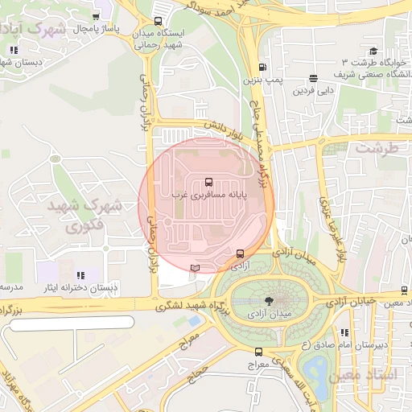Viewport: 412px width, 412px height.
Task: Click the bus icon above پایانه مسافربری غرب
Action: click(209, 182)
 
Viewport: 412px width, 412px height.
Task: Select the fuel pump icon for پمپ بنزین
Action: click(262, 68)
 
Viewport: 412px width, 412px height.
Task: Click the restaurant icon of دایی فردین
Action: click(312, 79)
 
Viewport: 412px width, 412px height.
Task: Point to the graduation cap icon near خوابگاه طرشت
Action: click(373, 51)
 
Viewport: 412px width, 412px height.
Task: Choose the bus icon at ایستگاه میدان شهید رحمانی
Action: click(158, 22)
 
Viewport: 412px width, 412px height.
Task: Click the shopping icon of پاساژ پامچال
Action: click(97, 16)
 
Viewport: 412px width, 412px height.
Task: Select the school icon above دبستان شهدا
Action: click(13, 50)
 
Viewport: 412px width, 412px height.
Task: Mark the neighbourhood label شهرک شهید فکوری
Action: click(84, 216)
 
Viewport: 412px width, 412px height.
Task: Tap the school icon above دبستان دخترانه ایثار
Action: click(105, 274)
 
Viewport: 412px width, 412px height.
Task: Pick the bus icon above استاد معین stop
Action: click(404, 290)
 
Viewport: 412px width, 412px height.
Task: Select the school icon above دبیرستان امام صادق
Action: click(345, 332)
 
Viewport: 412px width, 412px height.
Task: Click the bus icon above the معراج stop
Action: click(258, 352)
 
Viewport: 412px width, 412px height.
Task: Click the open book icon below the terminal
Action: click(194, 268)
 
